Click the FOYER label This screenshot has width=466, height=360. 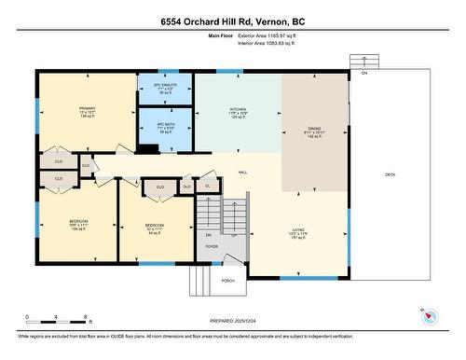[x=212, y=246]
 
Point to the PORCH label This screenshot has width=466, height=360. [x=227, y=280]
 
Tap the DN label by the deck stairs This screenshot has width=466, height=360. [x=364, y=72]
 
